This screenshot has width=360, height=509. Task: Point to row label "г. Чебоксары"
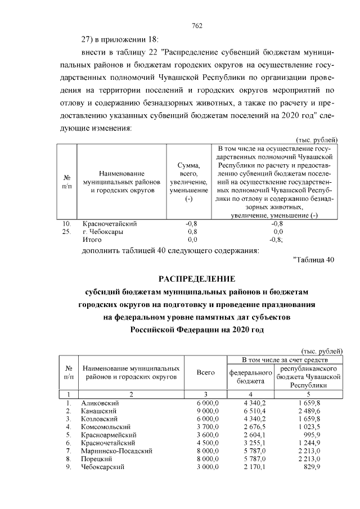(x=103, y=231)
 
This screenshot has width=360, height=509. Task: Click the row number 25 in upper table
(x=66, y=231)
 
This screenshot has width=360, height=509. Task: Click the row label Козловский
(x=100, y=419)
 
